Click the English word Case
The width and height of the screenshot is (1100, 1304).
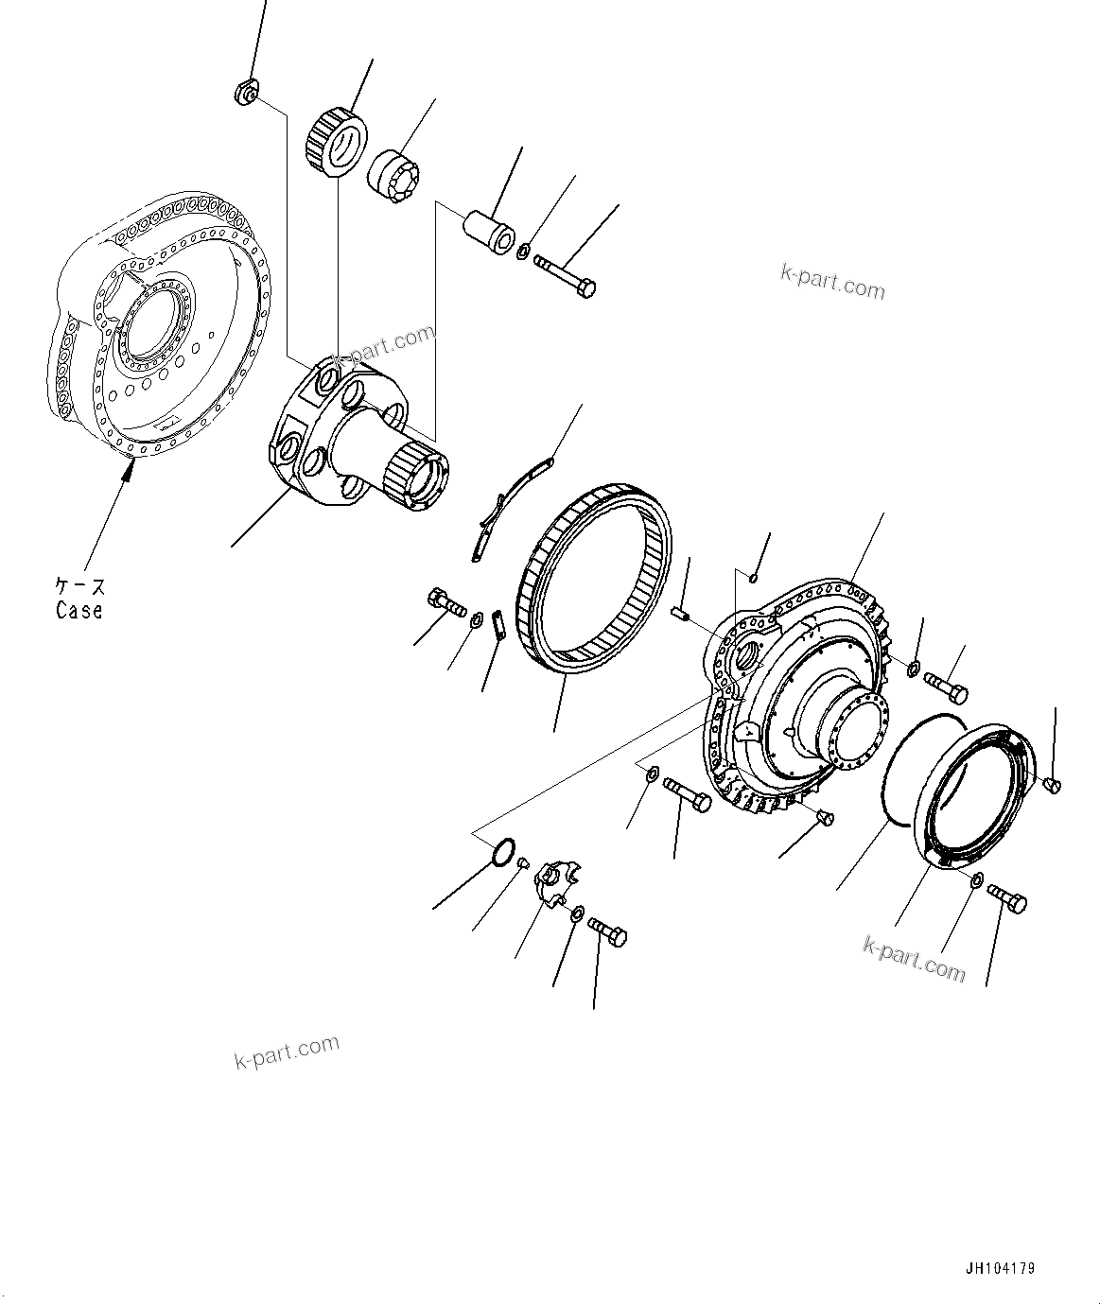pos(79,611)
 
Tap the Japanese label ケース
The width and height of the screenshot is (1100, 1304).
pos(79,587)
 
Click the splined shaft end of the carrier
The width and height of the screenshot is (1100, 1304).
pos(417,478)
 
